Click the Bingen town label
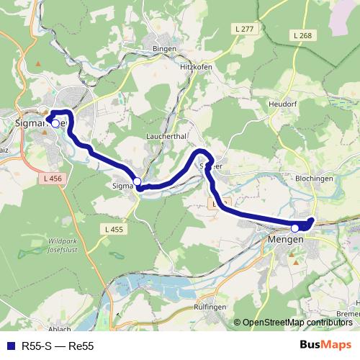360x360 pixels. point(164,48)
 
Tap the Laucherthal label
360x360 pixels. point(166,135)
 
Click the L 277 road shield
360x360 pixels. point(245,29)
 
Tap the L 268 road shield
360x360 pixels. point(302,35)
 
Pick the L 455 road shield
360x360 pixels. point(114,230)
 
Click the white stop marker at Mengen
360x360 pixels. point(294,228)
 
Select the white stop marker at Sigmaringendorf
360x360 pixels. point(137,181)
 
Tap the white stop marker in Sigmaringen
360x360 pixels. point(55,123)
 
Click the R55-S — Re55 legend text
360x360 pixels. point(58,346)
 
